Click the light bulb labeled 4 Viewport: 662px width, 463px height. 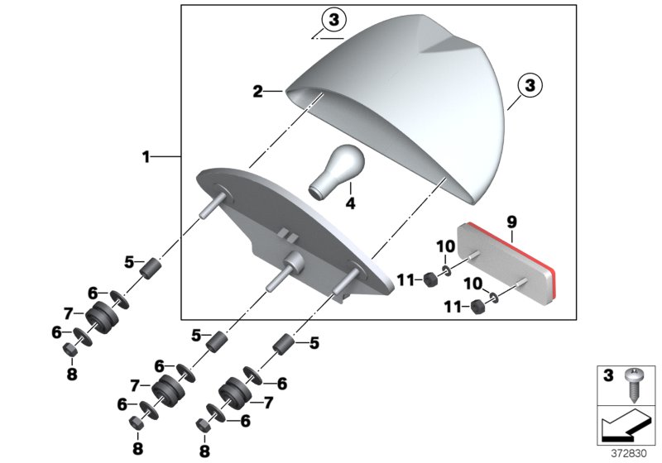point(338,172)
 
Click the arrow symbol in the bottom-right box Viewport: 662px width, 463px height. point(626,425)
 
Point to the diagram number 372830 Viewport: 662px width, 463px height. point(628,453)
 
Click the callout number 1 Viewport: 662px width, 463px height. point(146,157)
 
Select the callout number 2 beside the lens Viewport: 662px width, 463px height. point(257,91)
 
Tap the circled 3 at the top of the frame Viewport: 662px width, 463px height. point(333,20)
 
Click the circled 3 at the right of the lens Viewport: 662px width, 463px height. point(530,85)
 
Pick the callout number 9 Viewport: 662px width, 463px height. point(511,221)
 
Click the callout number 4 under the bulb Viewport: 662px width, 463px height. point(350,203)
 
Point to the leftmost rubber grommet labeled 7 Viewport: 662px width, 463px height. point(102,317)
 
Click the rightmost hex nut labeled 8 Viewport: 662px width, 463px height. point(204,425)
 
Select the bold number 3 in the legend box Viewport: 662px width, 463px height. point(608,375)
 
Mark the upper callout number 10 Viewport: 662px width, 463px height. point(445,246)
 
